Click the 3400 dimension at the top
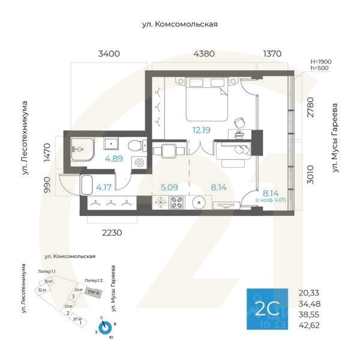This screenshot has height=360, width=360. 109,54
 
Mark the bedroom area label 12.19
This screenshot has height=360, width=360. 202,129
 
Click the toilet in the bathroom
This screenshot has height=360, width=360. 137,145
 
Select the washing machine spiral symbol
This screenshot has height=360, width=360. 139,163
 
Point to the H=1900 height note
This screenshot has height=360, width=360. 320,61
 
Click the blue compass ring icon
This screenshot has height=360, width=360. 105,328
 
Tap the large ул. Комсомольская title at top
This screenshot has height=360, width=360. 179,25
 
